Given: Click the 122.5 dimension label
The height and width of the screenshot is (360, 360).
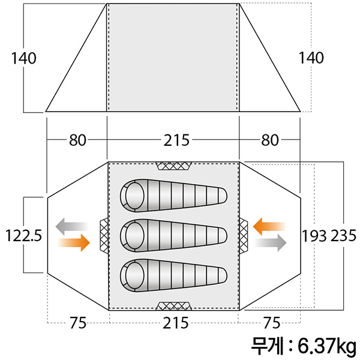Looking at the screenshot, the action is (23, 236).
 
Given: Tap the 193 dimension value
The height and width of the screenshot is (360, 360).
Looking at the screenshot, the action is (314, 236).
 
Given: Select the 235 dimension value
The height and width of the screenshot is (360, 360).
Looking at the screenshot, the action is (343, 236).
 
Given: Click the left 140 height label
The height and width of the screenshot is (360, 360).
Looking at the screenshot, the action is (24, 58).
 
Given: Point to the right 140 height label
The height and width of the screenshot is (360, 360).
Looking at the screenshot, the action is (311, 58).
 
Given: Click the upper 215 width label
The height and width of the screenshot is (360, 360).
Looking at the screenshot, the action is (176, 140).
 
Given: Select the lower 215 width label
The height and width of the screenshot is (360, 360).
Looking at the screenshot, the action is (176, 323).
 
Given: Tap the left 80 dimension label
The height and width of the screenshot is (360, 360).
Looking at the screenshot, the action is (78, 140).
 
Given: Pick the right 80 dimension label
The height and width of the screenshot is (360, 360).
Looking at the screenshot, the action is (270, 140).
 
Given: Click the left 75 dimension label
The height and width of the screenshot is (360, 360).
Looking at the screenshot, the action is (78, 323).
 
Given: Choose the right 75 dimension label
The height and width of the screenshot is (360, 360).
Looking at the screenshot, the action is (272, 323).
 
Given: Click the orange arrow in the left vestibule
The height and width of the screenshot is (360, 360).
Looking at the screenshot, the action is (74, 242).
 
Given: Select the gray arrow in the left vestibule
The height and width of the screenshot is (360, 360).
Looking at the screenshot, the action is (71, 226).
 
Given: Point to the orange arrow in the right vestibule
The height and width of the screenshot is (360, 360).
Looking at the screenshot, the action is (269, 227).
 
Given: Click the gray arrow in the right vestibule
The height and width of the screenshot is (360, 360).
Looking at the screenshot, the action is (271, 242).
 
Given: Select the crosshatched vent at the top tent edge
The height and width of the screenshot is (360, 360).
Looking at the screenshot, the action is (173, 166).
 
